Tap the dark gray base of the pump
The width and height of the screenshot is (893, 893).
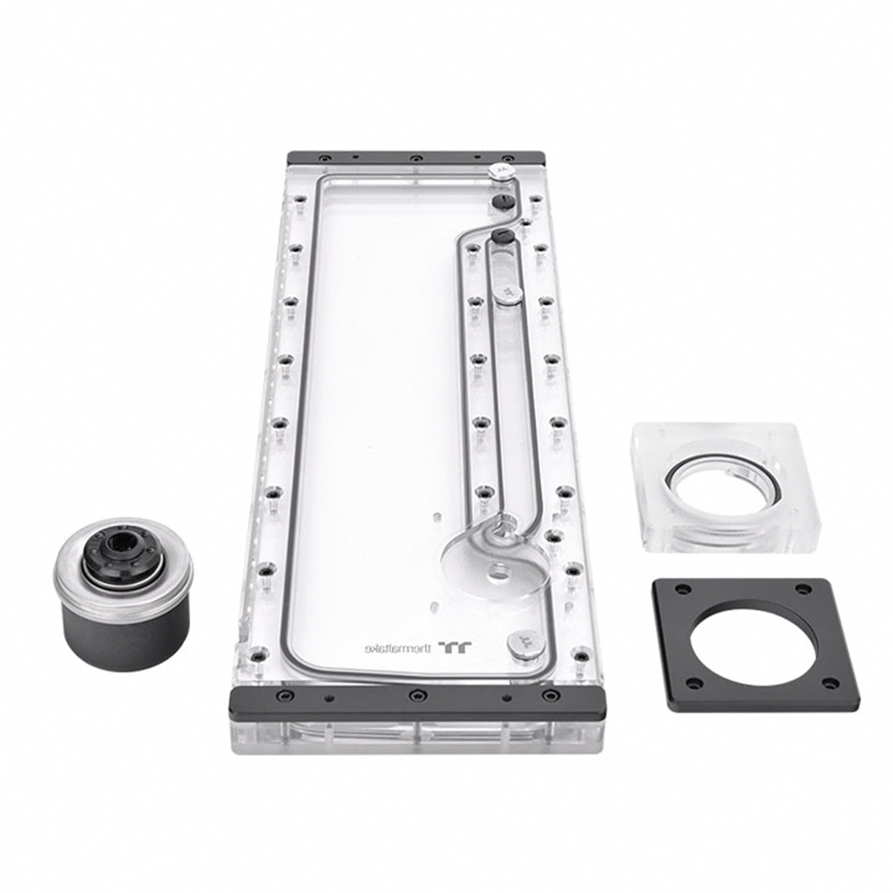(125, 631)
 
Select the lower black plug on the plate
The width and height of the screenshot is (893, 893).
(503, 236)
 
